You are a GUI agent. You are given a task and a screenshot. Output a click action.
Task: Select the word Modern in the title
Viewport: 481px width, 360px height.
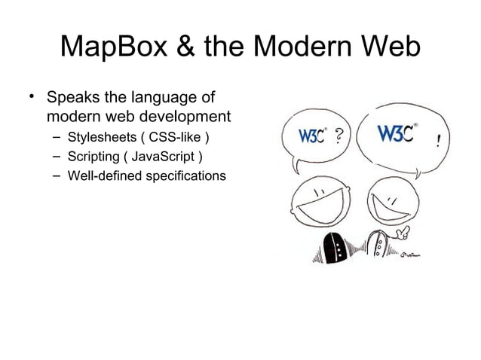tap(307, 47)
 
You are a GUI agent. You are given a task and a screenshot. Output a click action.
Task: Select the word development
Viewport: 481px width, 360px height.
tap(182, 117)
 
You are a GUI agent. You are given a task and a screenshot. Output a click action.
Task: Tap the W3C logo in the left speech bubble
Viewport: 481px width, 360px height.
tap(312, 137)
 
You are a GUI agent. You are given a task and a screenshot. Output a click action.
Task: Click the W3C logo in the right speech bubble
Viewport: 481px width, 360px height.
tap(397, 135)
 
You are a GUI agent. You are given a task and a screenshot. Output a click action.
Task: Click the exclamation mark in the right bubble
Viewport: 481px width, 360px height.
tap(440, 140)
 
